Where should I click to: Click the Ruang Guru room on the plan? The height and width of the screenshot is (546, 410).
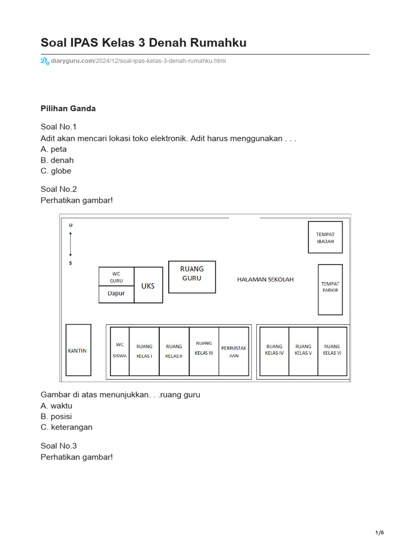click(192, 277)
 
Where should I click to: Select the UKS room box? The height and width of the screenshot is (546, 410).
click(148, 285)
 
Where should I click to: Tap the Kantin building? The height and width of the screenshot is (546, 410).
click(78, 350)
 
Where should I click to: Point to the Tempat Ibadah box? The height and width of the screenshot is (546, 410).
click(325, 237)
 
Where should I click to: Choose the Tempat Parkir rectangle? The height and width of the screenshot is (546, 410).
click(330, 290)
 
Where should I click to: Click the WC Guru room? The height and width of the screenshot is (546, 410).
click(116, 276)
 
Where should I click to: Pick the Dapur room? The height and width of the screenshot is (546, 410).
click(116, 294)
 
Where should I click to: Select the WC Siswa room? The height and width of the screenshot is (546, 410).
click(120, 351)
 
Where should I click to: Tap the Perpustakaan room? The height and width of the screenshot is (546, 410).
click(234, 351)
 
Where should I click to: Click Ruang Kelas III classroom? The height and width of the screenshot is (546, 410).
click(204, 351)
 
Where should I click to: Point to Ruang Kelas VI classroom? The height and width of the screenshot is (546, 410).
click(332, 351)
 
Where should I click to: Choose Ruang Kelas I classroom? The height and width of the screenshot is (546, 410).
click(144, 351)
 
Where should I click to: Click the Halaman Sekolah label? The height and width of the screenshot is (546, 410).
click(265, 279)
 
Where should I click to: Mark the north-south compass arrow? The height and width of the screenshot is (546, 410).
click(70, 244)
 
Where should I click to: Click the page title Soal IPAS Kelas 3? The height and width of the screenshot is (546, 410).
click(144, 43)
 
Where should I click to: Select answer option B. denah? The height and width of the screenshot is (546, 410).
click(57, 160)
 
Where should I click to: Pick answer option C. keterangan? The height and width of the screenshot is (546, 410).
click(66, 427)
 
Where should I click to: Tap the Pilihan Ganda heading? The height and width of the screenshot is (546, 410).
click(68, 108)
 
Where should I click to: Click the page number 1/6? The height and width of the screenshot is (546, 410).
click(380, 533)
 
